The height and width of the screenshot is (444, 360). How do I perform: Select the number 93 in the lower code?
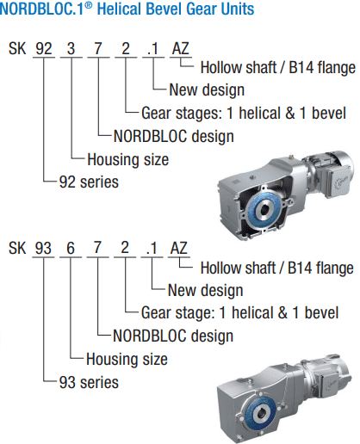tap(44, 248)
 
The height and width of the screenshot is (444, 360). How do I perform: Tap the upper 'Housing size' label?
tap(127, 159)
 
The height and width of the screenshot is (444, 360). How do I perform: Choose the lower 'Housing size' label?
tap(127, 359)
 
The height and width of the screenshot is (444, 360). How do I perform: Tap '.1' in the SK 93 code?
tap(153, 248)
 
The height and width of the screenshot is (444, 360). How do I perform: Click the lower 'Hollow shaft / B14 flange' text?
tap(276, 267)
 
